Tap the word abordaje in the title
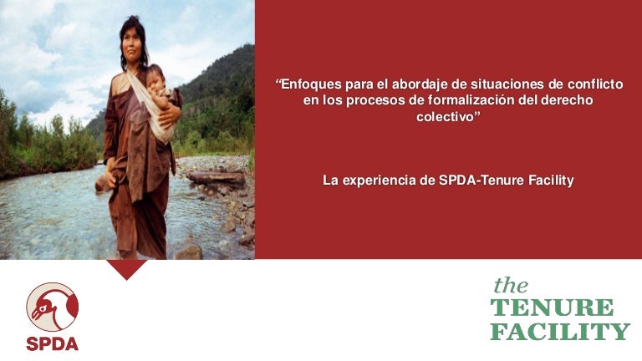coord(409,84)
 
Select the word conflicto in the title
coord(598,84)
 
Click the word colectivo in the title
coord(446,116)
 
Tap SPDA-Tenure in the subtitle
coord(476,180)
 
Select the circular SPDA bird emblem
coord(52,307)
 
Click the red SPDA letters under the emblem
coord(52,343)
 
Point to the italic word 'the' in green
coord(510,285)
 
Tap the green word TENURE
coord(552,308)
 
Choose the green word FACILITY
coord(559,332)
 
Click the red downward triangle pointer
coord(127,267)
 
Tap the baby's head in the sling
coord(156,80)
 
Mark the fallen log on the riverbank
coord(216,177)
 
